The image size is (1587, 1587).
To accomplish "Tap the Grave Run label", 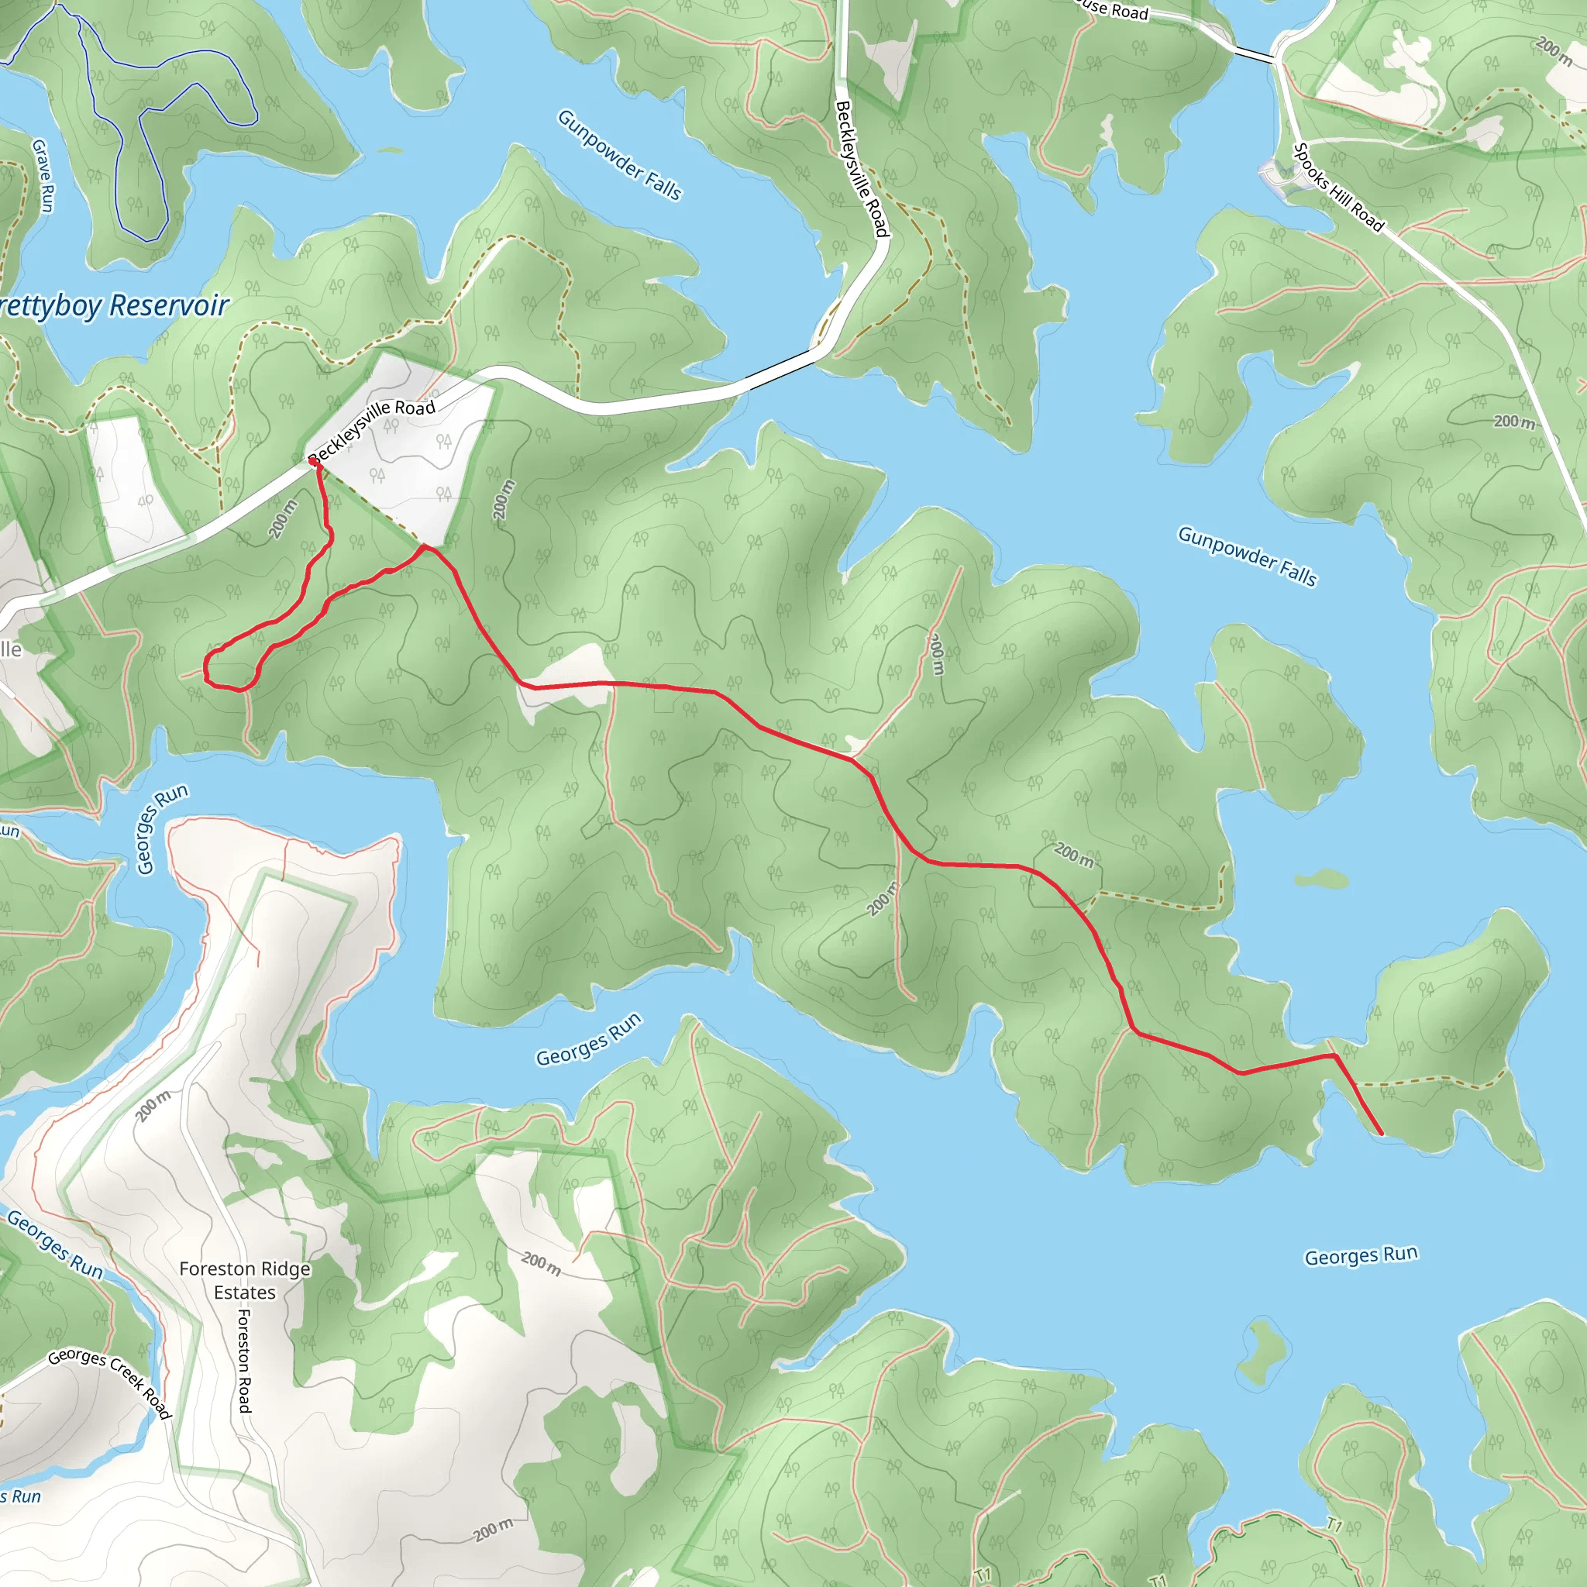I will [x=43, y=175].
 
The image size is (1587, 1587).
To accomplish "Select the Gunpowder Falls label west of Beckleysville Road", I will [x=620, y=155].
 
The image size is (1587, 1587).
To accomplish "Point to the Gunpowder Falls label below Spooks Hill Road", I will [x=1247, y=556].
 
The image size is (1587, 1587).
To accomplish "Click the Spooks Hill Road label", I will [x=1338, y=188].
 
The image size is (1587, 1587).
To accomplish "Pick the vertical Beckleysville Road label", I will [x=862, y=168].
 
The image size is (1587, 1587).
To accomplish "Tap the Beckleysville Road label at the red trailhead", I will [x=372, y=429].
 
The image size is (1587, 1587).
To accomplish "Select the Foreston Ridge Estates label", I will [x=245, y=1281].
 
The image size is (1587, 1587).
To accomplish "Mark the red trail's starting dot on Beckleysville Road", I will [x=313, y=463].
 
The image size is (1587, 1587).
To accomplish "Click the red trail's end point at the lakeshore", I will [x=1381, y=1134].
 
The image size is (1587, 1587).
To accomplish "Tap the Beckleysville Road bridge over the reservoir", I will [x=780, y=367].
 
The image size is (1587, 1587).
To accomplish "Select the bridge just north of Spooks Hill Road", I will [x=1255, y=55].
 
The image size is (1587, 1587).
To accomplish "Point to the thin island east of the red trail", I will [x=1322, y=880].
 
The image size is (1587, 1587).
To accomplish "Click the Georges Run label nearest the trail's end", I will [x=1361, y=1256].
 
